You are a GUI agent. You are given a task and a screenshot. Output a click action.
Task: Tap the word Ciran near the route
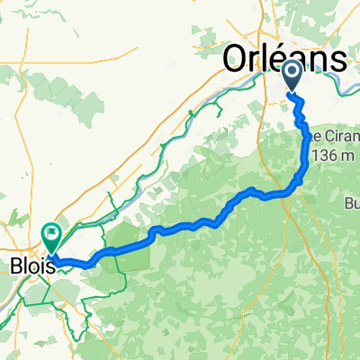tap(331, 139)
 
